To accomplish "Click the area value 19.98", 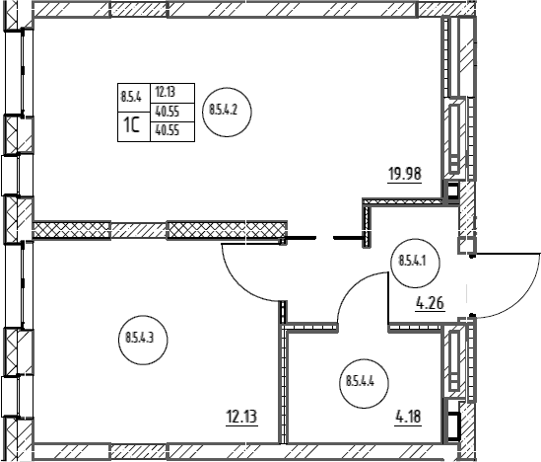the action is pyautogui.click(x=405, y=174).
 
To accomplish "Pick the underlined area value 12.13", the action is pyautogui.click(x=241, y=417).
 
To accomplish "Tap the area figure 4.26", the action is pyautogui.click(x=431, y=304).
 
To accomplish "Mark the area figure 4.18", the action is pyautogui.click(x=408, y=417).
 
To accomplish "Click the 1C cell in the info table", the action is pyautogui.click(x=133, y=126).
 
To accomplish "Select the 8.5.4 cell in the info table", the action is pyautogui.click(x=133, y=98).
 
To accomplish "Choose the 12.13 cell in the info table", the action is pyautogui.click(x=172, y=93).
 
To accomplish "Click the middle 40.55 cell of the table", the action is pyautogui.click(x=172, y=113).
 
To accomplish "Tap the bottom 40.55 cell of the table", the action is pyautogui.click(x=172, y=131).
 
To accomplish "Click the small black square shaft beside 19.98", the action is pyautogui.click(x=451, y=191).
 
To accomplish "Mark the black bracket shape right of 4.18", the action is pyautogui.click(x=454, y=426).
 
